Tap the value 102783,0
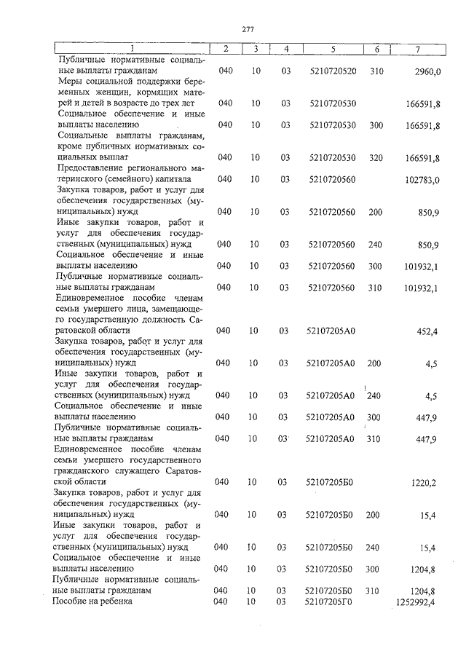point(423,179)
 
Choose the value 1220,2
point(426,482)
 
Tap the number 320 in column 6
point(376,157)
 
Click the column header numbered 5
point(332,49)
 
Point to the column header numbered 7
point(416,49)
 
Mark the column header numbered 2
point(226,49)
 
